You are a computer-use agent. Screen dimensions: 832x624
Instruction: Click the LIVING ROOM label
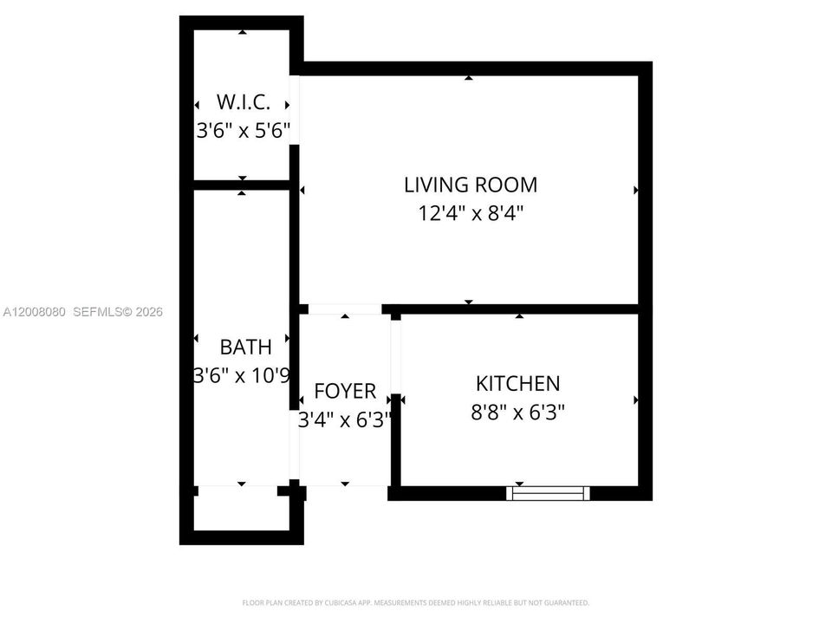471,185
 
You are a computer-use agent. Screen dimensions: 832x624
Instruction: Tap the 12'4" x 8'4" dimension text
471,213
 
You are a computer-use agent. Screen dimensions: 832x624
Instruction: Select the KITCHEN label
518,384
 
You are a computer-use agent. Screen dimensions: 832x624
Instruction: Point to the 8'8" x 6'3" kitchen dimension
518,412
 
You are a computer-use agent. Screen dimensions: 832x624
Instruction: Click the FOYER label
345,391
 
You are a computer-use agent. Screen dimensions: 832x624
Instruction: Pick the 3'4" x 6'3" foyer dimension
345,419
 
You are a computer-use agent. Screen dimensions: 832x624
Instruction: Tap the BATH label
245,347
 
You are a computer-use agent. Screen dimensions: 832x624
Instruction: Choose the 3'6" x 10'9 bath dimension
242,375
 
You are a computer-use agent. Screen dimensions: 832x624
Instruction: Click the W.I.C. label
244,102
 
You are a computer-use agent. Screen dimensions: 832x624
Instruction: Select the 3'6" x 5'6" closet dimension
244,130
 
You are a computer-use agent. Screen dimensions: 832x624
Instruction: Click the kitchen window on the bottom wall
548,493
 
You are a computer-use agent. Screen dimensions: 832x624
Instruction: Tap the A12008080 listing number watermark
35,312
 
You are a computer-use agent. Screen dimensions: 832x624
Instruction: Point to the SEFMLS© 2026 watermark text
118,312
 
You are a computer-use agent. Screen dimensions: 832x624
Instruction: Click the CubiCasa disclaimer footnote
415,603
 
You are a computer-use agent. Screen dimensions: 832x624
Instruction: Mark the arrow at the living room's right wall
635,190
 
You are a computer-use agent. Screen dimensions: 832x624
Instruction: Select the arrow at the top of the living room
469,78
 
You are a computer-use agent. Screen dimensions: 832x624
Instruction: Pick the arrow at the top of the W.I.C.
243,32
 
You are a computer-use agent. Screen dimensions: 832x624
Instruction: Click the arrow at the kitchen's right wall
635,400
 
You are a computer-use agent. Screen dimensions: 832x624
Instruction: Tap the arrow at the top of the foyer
346,316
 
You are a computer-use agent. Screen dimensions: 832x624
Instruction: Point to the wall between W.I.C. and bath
242,185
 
